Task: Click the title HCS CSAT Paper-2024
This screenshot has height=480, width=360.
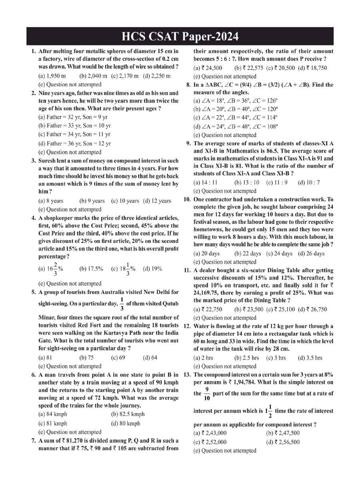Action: pyautogui.click(x=180, y=37)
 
